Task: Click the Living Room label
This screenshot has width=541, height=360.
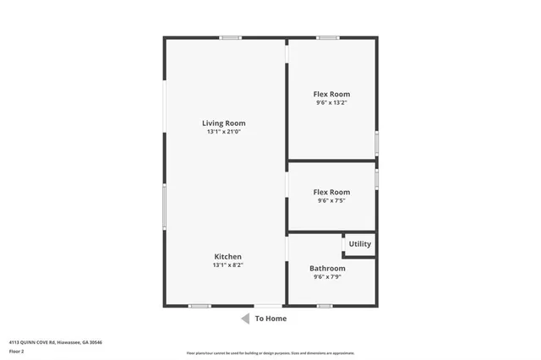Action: [226, 123]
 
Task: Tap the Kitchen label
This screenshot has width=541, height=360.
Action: [227, 257]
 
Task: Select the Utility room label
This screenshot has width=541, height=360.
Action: [359, 244]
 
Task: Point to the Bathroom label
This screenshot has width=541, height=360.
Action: [329, 269]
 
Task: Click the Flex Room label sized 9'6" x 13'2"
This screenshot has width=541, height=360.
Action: [331, 94]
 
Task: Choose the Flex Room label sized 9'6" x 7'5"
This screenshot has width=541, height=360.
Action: [331, 192]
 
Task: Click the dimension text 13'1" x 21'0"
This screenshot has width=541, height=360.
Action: [226, 132]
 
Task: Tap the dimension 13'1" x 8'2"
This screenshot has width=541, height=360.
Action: [227, 265]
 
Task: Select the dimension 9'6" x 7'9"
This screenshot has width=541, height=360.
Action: [329, 277]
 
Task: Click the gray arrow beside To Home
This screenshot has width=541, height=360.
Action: [245, 319]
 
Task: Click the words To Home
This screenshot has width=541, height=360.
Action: [270, 319]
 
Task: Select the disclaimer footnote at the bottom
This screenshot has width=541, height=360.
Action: [270, 353]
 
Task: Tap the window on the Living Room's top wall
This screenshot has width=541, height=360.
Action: [230, 37]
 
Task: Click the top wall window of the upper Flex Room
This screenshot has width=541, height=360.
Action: [328, 37]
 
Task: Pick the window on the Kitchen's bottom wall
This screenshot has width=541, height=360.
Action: [199, 306]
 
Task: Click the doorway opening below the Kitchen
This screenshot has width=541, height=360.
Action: [269, 306]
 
